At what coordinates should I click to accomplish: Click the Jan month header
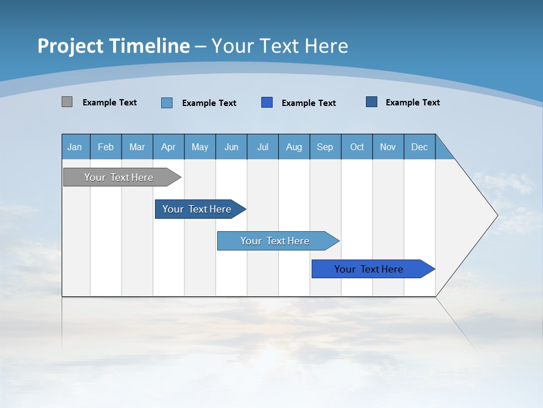coord(75,147)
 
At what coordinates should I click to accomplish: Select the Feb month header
coord(106,147)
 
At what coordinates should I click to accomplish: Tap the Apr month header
coord(168,147)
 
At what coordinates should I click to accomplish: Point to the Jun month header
coord(231,147)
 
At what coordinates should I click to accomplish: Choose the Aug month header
coord(294,147)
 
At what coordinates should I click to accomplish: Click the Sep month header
coord(325,147)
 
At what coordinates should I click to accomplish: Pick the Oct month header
coord(357,147)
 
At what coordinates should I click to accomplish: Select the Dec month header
coord(419,147)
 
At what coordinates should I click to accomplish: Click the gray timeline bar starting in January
coord(119,177)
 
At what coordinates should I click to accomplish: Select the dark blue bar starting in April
coord(197,209)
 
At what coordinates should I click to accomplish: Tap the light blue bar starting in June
coord(275,241)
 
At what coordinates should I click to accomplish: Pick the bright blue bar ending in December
coord(369,269)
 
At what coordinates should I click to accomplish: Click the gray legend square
coord(67,102)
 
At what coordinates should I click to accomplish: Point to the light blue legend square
coord(167,103)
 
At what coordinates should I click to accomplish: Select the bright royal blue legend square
coord(267,103)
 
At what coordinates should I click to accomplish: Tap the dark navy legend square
coord(372,102)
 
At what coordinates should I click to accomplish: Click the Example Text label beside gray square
coord(110,103)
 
